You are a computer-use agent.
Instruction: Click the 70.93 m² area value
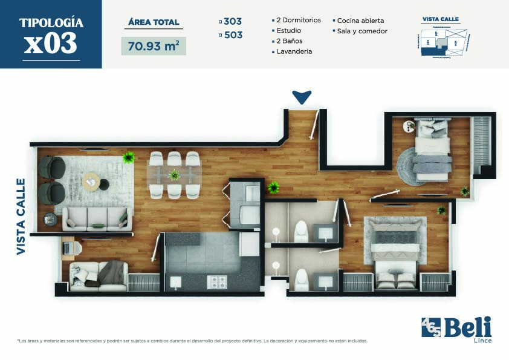(154, 46)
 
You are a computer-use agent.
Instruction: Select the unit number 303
(233, 21)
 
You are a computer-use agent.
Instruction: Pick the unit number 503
(233, 35)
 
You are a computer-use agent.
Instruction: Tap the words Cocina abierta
(360, 21)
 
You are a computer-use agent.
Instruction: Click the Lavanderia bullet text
(294, 52)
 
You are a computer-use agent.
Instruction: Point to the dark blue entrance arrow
(301, 96)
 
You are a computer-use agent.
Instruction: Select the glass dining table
(174, 175)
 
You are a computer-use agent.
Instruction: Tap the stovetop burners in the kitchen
(217, 281)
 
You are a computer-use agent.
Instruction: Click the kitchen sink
(176, 281)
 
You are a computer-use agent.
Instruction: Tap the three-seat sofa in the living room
(97, 219)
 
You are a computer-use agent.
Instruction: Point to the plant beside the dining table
(128, 158)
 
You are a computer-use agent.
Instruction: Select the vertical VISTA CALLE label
(21, 216)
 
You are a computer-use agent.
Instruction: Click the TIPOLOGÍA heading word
(51, 23)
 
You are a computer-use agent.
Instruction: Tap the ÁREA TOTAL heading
(154, 22)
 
